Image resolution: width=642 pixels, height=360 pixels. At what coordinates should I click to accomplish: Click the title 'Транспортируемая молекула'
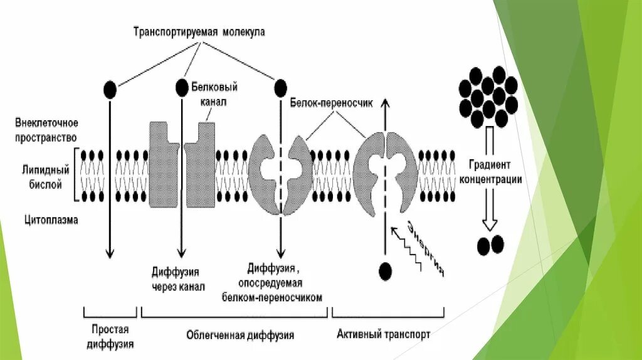[199, 33]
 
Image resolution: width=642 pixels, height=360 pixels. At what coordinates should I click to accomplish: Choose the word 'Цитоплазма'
[51, 220]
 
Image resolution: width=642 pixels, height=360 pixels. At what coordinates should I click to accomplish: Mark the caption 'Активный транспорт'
[383, 334]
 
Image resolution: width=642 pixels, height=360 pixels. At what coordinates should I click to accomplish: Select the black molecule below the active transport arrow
[386, 271]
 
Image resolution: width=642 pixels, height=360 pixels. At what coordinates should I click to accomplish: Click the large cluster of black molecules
[487, 95]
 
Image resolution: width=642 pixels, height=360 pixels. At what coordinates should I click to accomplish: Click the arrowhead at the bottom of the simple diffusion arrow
[110, 253]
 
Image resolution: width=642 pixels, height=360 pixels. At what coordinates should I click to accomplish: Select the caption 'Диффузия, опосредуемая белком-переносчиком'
[272, 283]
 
